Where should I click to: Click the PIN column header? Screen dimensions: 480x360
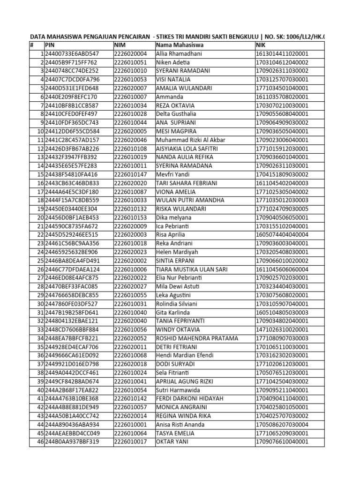50,45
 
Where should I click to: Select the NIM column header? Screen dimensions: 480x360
121,45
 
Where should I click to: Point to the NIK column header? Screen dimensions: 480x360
261,45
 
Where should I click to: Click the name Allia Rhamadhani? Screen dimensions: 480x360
179,54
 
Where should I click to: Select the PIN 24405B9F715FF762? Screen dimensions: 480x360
71,62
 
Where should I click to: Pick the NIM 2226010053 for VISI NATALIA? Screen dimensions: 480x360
130,80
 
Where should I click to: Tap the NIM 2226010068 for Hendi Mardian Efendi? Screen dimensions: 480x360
130,355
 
